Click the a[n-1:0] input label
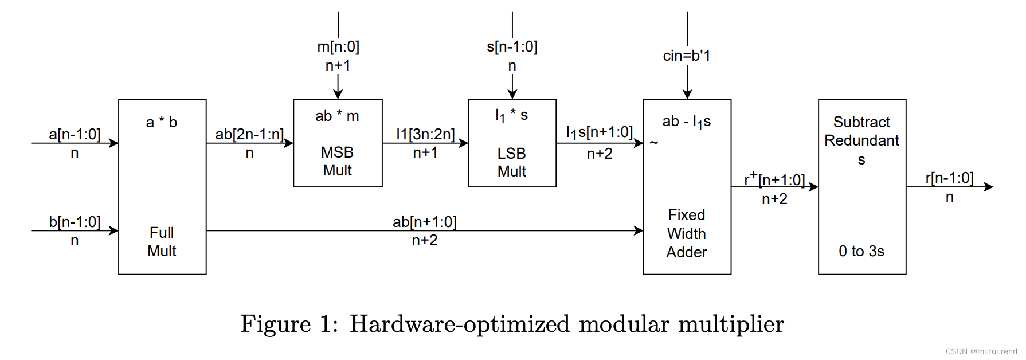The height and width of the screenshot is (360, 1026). (75, 134)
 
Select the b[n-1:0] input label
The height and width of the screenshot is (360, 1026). (75, 222)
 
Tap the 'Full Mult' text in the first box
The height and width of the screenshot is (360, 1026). (162, 242)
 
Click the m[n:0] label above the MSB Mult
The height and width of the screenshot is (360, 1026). (338, 46)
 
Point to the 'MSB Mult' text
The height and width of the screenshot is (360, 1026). (337, 161)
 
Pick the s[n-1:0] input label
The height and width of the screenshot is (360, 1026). (512, 46)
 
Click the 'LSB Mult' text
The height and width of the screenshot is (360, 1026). (511, 162)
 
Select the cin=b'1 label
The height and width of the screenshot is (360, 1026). (686, 56)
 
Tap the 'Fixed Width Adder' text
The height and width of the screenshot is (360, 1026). (686, 233)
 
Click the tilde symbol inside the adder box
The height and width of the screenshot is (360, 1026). (654, 142)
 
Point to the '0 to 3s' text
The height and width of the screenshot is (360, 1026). (861, 251)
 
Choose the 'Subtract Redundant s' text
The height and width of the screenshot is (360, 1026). (861, 140)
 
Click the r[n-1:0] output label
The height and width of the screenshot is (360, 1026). (949, 178)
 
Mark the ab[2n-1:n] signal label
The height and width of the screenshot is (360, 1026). (249, 134)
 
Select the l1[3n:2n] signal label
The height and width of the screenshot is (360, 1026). (425, 134)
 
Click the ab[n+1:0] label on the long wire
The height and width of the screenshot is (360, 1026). (424, 222)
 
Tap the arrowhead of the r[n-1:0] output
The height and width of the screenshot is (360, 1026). (989, 187)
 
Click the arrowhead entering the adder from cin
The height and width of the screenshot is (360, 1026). (687, 95)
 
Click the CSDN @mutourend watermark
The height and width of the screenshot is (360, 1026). (981, 351)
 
